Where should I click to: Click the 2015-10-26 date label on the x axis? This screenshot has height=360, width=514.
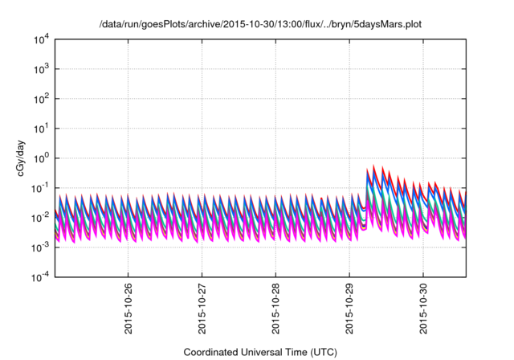pyautogui.click(x=128, y=309)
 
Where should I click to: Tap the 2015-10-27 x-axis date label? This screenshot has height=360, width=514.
pyautogui.click(x=202, y=309)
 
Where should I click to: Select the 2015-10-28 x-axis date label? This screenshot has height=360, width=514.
pyautogui.click(x=276, y=309)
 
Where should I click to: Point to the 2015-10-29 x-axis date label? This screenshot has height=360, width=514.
pyautogui.click(x=350, y=309)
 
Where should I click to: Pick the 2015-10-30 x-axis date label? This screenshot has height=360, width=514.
pyautogui.click(x=424, y=309)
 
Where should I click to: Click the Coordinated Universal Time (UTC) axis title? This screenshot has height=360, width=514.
pyautogui.click(x=260, y=352)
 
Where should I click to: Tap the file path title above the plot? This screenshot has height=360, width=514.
pyautogui.click(x=260, y=25)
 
